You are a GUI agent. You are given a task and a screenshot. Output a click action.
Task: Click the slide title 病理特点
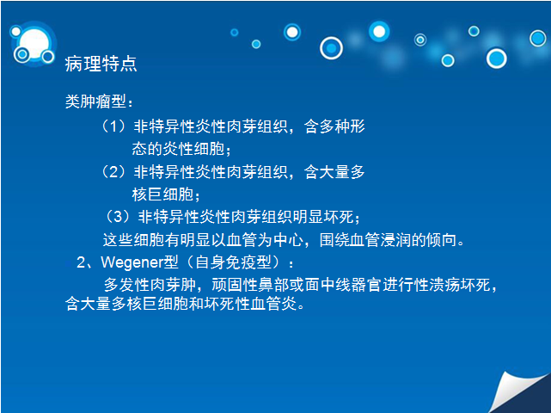[x=101, y=64]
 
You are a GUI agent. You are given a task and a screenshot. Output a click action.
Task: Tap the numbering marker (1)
[x=113, y=126]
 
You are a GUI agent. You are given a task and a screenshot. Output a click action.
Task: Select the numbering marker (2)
[x=113, y=172]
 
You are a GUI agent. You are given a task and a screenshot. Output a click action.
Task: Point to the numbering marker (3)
[x=118, y=217]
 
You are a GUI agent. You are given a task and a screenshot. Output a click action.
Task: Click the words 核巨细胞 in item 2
[x=162, y=194]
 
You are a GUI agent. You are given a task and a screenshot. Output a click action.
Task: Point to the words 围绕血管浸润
[x=365, y=240]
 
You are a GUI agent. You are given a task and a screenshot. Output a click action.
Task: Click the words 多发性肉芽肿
[x=150, y=285]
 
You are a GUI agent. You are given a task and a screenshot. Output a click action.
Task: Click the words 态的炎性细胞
[x=178, y=149]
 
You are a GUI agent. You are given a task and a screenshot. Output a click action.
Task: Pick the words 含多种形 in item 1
[x=334, y=126]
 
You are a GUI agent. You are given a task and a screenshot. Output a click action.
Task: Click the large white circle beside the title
[x=34, y=43]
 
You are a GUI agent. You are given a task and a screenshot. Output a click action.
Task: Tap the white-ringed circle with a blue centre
[x=331, y=48]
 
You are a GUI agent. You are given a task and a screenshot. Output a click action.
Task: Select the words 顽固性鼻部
[x=250, y=285]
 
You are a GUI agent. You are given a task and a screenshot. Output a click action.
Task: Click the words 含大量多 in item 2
[x=334, y=172]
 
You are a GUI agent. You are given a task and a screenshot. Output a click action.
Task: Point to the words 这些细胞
[x=133, y=240]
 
